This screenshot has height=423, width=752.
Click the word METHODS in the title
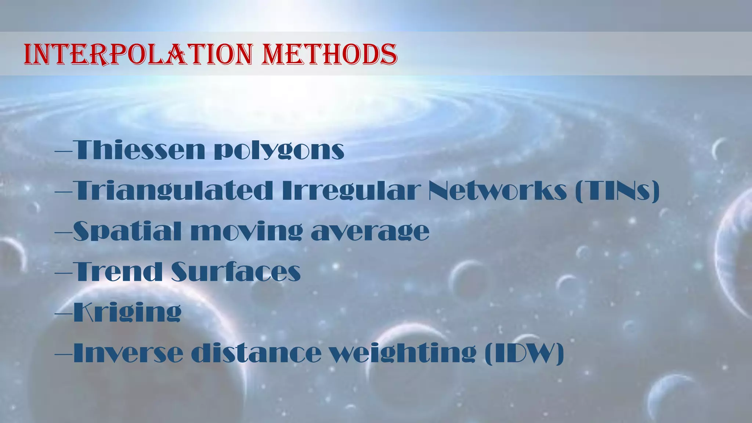[x=329, y=54]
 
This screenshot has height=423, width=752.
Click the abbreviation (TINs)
[x=617, y=191]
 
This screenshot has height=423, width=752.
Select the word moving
[x=247, y=232]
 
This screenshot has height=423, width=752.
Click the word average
[x=370, y=232]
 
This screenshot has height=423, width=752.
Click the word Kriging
[x=127, y=312]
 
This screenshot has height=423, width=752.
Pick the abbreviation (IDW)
[x=524, y=353]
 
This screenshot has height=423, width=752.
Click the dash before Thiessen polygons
[x=63, y=151]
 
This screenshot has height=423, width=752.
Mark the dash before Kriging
[x=63, y=313]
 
